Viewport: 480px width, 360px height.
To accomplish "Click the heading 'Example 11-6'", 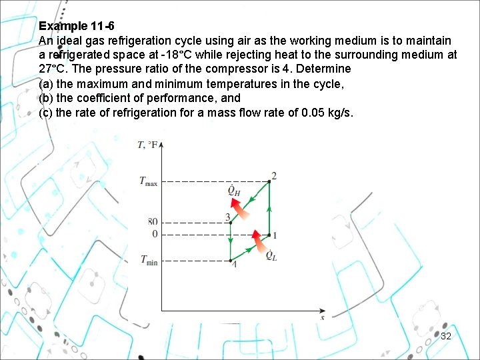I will (77, 27).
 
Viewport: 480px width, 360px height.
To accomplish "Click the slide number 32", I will (446, 336).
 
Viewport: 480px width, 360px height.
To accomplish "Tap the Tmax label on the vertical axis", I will (148, 181).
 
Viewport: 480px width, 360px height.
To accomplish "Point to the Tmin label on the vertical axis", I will (149, 261).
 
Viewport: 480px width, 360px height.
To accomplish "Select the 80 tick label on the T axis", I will (153, 222).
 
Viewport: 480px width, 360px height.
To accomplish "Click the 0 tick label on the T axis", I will (155, 235).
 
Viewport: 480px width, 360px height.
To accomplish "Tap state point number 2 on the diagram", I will (273, 176).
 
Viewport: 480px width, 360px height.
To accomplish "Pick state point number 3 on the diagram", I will (227, 217).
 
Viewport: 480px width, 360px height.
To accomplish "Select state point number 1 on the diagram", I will (275, 235).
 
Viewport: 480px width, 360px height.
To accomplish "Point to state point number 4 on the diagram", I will (233, 264).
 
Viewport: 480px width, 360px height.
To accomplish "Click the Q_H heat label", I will (234, 192).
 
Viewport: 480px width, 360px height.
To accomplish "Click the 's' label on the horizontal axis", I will (323, 317).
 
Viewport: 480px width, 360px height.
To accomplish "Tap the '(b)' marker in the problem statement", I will (46, 98).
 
